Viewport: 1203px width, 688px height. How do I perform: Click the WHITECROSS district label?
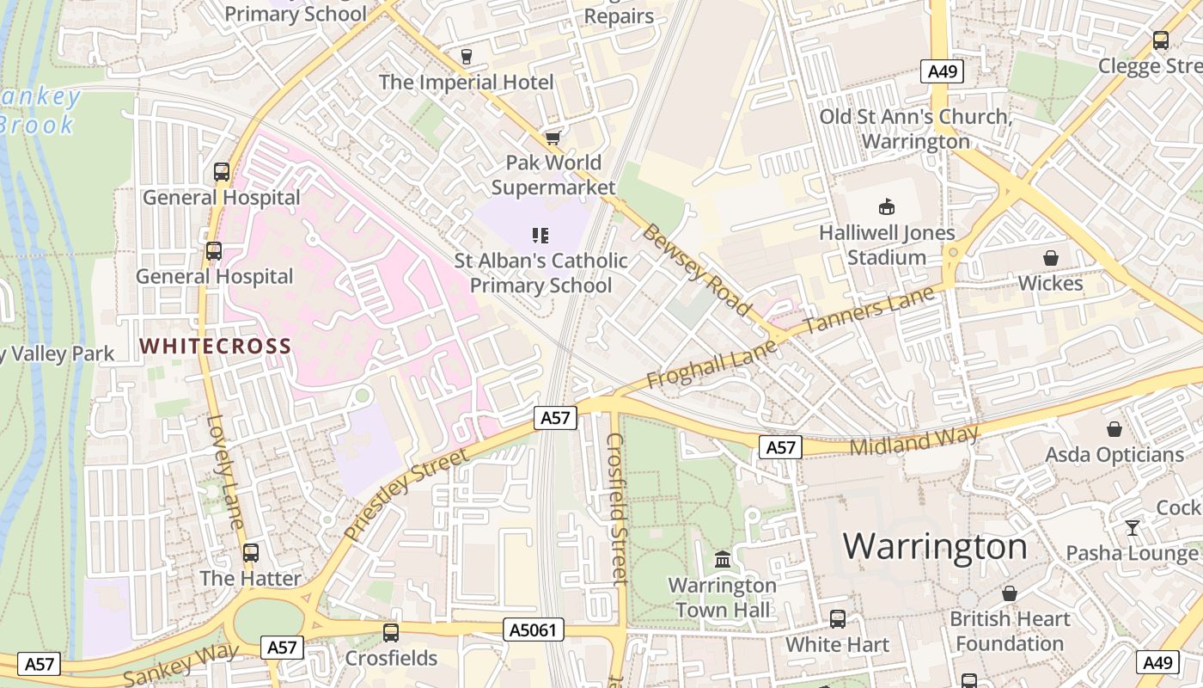pos(216,347)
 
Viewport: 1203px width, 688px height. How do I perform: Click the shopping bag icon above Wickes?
pos(1050,258)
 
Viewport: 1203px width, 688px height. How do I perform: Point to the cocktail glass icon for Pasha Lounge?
pos(1133,527)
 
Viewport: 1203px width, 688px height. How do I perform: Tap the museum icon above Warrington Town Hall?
pos(723,559)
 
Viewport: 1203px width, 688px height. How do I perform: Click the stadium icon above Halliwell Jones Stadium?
pos(886,206)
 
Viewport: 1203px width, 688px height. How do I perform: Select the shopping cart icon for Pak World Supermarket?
pos(553,138)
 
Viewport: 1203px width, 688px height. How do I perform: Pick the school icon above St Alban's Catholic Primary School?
pos(540,235)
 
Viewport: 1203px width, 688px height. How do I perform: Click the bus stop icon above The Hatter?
pos(250,553)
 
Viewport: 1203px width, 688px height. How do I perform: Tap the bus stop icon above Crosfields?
pos(391,633)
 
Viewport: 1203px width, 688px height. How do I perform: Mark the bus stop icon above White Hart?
pos(837,618)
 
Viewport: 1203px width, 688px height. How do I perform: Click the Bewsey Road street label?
pos(697,269)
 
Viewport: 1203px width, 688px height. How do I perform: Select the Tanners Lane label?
pos(870,310)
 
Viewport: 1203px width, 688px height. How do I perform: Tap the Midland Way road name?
pos(913,441)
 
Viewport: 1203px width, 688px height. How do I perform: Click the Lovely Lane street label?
pos(226,472)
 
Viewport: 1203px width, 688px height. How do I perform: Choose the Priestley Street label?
pos(406,494)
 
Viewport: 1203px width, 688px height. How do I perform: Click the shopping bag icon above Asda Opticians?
pos(1114,428)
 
